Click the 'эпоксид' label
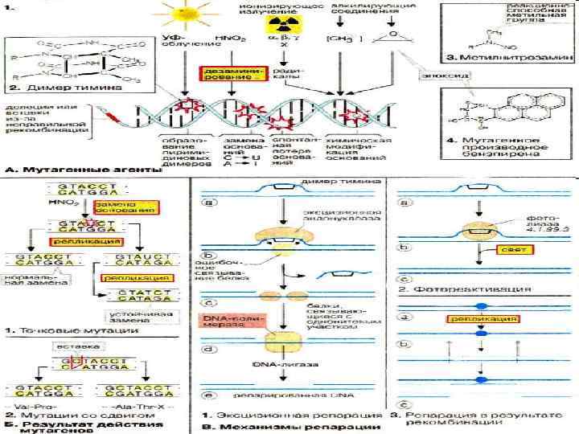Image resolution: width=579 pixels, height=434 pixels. (x=439, y=75)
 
